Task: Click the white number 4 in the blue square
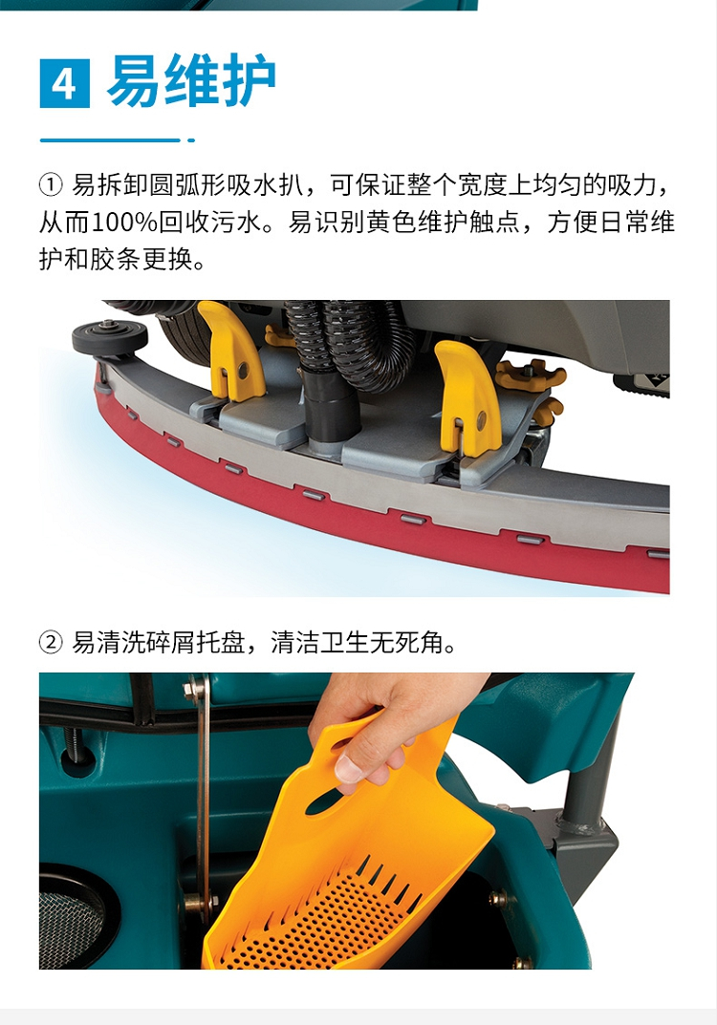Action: [x=63, y=84]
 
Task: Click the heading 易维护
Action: [x=191, y=81]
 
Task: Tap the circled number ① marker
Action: [x=51, y=185]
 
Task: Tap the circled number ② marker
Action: [x=51, y=643]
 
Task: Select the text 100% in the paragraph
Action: [x=124, y=223]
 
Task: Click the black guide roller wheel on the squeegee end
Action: [x=109, y=336]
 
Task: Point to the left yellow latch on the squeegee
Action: [x=230, y=351]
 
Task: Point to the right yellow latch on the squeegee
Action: [x=468, y=396]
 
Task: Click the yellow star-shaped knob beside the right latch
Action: [x=530, y=374]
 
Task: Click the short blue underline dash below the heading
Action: [x=191, y=139]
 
